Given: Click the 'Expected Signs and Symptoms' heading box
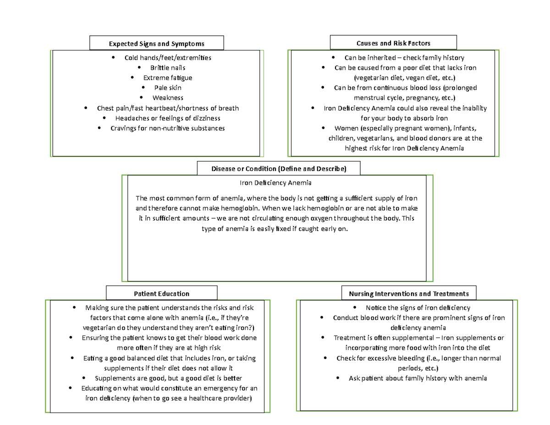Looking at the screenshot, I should pyautogui.click(x=156, y=44).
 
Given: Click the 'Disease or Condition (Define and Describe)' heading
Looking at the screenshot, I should pyautogui.click(x=279, y=169).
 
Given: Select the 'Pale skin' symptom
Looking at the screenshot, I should pyautogui.click(x=167, y=88).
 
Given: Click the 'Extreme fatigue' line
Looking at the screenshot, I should pyautogui.click(x=168, y=77).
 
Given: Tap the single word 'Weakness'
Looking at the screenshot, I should pyautogui.click(x=168, y=98).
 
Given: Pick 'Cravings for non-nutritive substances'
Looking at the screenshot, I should pyautogui.click(x=168, y=128).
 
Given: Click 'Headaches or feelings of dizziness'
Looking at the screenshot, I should pyautogui.click(x=168, y=118).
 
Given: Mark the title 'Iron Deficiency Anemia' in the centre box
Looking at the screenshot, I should pyautogui.click(x=276, y=183).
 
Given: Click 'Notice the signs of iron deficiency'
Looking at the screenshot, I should pyautogui.click(x=418, y=308).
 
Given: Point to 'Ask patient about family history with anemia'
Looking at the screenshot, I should pyautogui.click(x=418, y=379).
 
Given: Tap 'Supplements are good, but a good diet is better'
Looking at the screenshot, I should pyautogui.click(x=168, y=378).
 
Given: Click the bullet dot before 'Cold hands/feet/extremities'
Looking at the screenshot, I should pyautogui.click(x=112, y=58).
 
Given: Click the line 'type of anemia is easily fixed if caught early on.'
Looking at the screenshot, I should pyautogui.click(x=275, y=228).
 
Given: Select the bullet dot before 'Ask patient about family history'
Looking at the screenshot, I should pyautogui.click(x=338, y=379).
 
